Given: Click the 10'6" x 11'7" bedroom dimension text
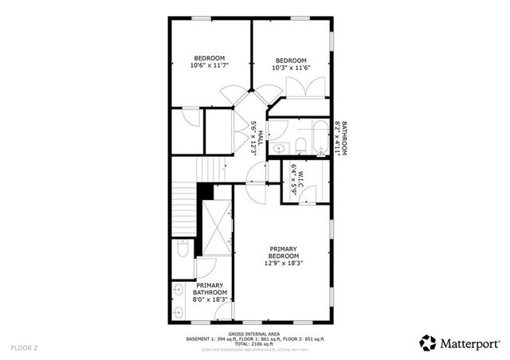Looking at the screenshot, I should coord(210,66).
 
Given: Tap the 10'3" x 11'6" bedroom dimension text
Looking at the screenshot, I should coord(291,68).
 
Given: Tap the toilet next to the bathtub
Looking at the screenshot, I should coord(300,146).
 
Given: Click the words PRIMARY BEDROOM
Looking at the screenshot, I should coord(284,252).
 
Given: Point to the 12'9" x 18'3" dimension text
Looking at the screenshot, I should coord(284,264).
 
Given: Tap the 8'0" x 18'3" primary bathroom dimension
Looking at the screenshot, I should coord(210,300).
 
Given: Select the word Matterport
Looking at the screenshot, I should coord(468,342).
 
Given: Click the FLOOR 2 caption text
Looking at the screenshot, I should coord(24,348).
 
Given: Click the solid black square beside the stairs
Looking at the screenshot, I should coord(206,192).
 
